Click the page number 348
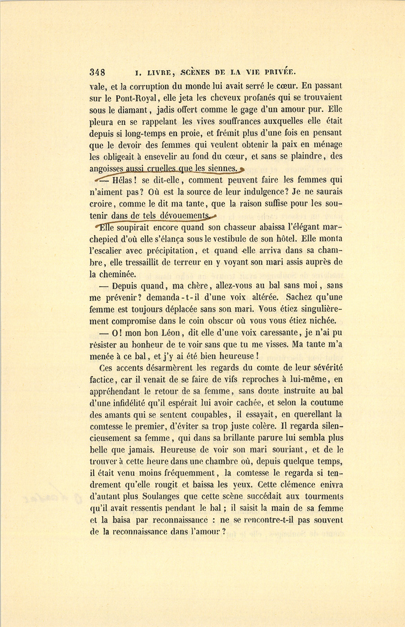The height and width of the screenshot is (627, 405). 98,72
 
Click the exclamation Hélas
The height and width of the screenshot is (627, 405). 122,180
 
